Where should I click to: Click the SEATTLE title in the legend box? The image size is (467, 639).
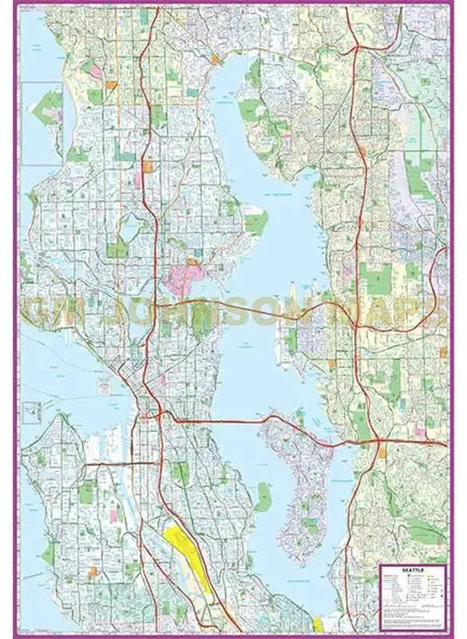point(414,570)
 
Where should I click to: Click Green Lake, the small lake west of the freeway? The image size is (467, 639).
point(129,230)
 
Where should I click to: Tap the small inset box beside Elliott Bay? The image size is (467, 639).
point(31,413)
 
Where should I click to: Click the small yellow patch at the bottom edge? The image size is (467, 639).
point(319,624)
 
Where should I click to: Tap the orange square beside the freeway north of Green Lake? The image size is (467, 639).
point(148,167)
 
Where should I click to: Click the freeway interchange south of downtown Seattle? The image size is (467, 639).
point(160,415)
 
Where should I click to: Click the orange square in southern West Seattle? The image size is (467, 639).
point(93,571)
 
